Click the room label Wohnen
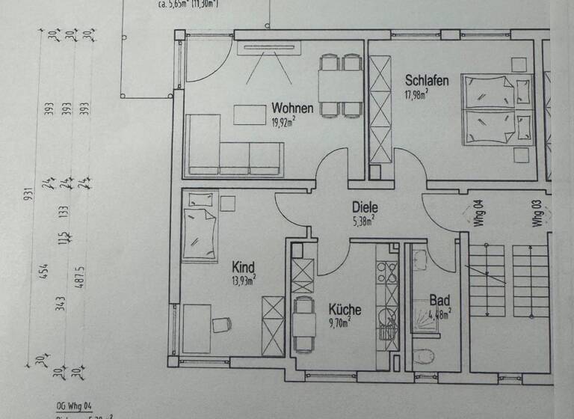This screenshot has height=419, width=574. click(x=292, y=108)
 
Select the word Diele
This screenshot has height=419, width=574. click(x=365, y=208)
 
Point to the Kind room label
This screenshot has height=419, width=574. click(x=244, y=267)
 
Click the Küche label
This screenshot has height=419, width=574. click(x=345, y=309)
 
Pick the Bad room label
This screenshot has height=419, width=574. click(x=439, y=301)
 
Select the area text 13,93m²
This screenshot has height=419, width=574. click(x=244, y=280)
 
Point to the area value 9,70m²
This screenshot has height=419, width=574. click(x=343, y=323)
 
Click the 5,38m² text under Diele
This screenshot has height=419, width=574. click(x=363, y=221)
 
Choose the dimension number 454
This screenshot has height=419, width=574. click(x=44, y=270)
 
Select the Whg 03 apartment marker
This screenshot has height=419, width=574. click(x=537, y=212)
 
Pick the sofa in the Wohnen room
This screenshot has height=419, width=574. click(x=233, y=150)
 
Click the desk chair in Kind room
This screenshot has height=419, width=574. click(x=221, y=324)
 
